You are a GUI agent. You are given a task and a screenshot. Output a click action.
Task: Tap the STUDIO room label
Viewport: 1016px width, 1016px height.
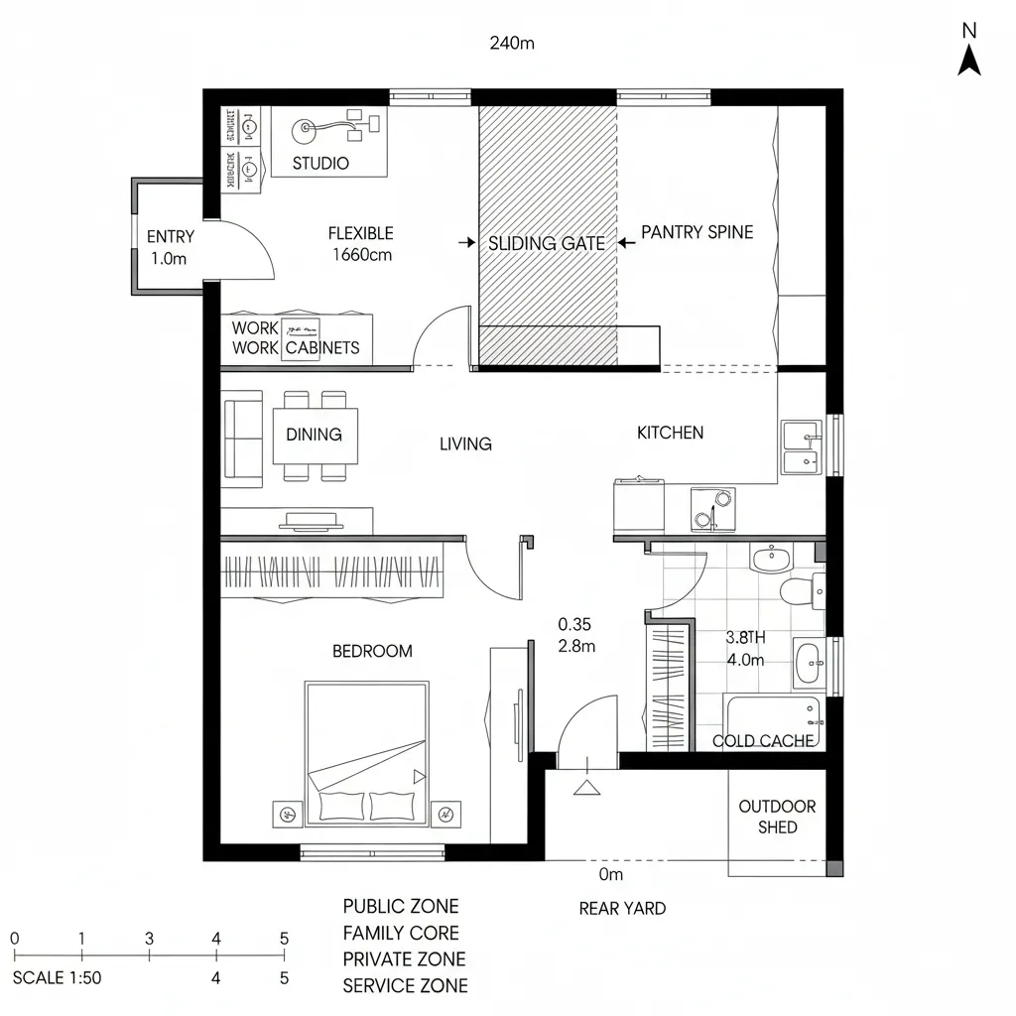(x=320, y=163)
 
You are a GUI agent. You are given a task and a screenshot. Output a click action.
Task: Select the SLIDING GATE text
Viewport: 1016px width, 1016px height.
(x=546, y=243)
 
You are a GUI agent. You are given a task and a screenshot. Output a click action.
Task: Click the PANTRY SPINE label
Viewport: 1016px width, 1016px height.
(x=697, y=232)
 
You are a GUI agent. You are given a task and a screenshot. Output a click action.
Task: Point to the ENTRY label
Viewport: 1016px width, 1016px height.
(x=171, y=237)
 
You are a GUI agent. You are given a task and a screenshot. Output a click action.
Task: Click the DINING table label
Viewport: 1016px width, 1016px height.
(x=314, y=435)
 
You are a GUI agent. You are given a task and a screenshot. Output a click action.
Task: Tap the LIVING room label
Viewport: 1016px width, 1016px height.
(x=465, y=444)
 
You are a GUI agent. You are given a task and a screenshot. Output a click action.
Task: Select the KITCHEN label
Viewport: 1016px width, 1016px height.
(x=670, y=433)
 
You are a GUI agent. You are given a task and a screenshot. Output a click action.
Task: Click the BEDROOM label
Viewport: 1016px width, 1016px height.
(x=372, y=651)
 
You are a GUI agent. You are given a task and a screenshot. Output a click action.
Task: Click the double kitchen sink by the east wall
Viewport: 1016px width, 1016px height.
(x=801, y=448)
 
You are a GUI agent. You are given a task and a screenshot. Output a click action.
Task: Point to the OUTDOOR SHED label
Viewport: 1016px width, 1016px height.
(x=777, y=817)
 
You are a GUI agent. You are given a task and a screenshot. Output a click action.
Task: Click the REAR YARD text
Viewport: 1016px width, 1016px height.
(x=622, y=908)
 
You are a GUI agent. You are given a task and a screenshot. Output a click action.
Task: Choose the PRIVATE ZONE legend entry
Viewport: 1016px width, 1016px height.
(x=404, y=959)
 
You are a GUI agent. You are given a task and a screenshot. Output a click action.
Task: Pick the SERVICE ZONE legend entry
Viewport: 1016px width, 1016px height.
(x=405, y=986)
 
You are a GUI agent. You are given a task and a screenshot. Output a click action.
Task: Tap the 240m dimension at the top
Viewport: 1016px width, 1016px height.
(x=513, y=43)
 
